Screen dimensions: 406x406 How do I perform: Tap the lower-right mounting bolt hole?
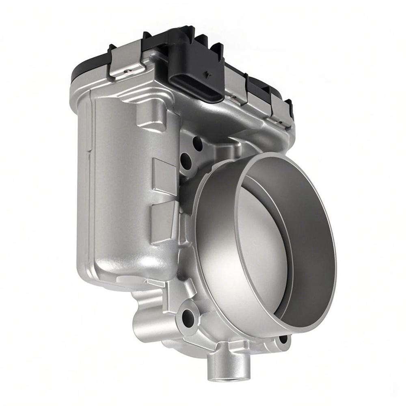click(283, 339)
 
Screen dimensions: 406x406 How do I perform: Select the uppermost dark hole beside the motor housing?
click(198, 143)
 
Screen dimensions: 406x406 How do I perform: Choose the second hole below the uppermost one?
click(186, 162)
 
